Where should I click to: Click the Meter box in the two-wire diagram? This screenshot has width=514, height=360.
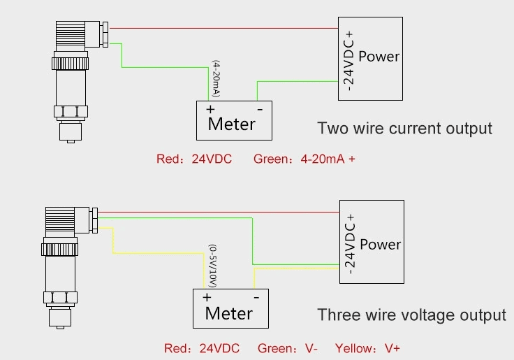pyautogui.click(x=233, y=120)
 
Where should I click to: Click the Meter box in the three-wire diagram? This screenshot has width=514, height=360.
pyautogui.click(x=230, y=308)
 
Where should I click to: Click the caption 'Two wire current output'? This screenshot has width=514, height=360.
pyautogui.click(x=405, y=129)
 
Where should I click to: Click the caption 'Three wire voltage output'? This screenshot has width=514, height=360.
pyautogui.click(x=412, y=315)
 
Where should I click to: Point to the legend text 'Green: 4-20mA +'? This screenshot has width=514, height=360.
pyautogui.click(x=304, y=159)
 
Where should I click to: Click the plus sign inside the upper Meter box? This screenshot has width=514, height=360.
pyautogui.click(x=210, y=110)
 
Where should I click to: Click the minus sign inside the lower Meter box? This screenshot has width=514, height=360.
pyautogui.click(x=256, y=297)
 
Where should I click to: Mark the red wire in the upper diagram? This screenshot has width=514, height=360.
pyautogui.click(x=223, y=29)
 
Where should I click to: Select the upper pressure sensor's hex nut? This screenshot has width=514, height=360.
pyautogui.click(x=71, y=111)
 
